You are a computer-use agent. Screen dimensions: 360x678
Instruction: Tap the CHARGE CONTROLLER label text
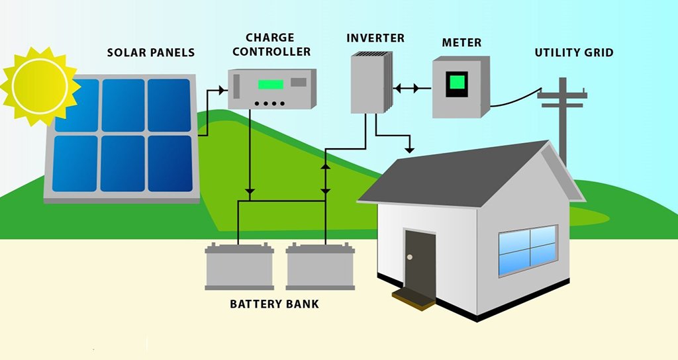pyautogui.click(x=278, y=44)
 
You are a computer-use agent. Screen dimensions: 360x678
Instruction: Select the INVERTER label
pyautogui.click(x=375, y=37)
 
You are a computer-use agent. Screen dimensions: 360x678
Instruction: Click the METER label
pyautogui.click(x=461, y=43)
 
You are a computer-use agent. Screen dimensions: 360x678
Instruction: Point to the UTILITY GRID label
pyautogui.click(x=574, y=52)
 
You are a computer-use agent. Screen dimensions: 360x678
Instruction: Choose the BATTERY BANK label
pyautogui.click(x=274, y=304)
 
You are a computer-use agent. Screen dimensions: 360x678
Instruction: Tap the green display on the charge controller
pyautogui.click(x=270, y=85)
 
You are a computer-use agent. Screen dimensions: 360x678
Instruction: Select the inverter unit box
pyautogui.click(x=369, y=82)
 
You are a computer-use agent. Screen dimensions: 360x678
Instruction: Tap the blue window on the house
pyautogui.click(x=527, y=249)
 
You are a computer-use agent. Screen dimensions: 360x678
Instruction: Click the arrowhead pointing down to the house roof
pyautogui.click(x=412, y=146)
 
